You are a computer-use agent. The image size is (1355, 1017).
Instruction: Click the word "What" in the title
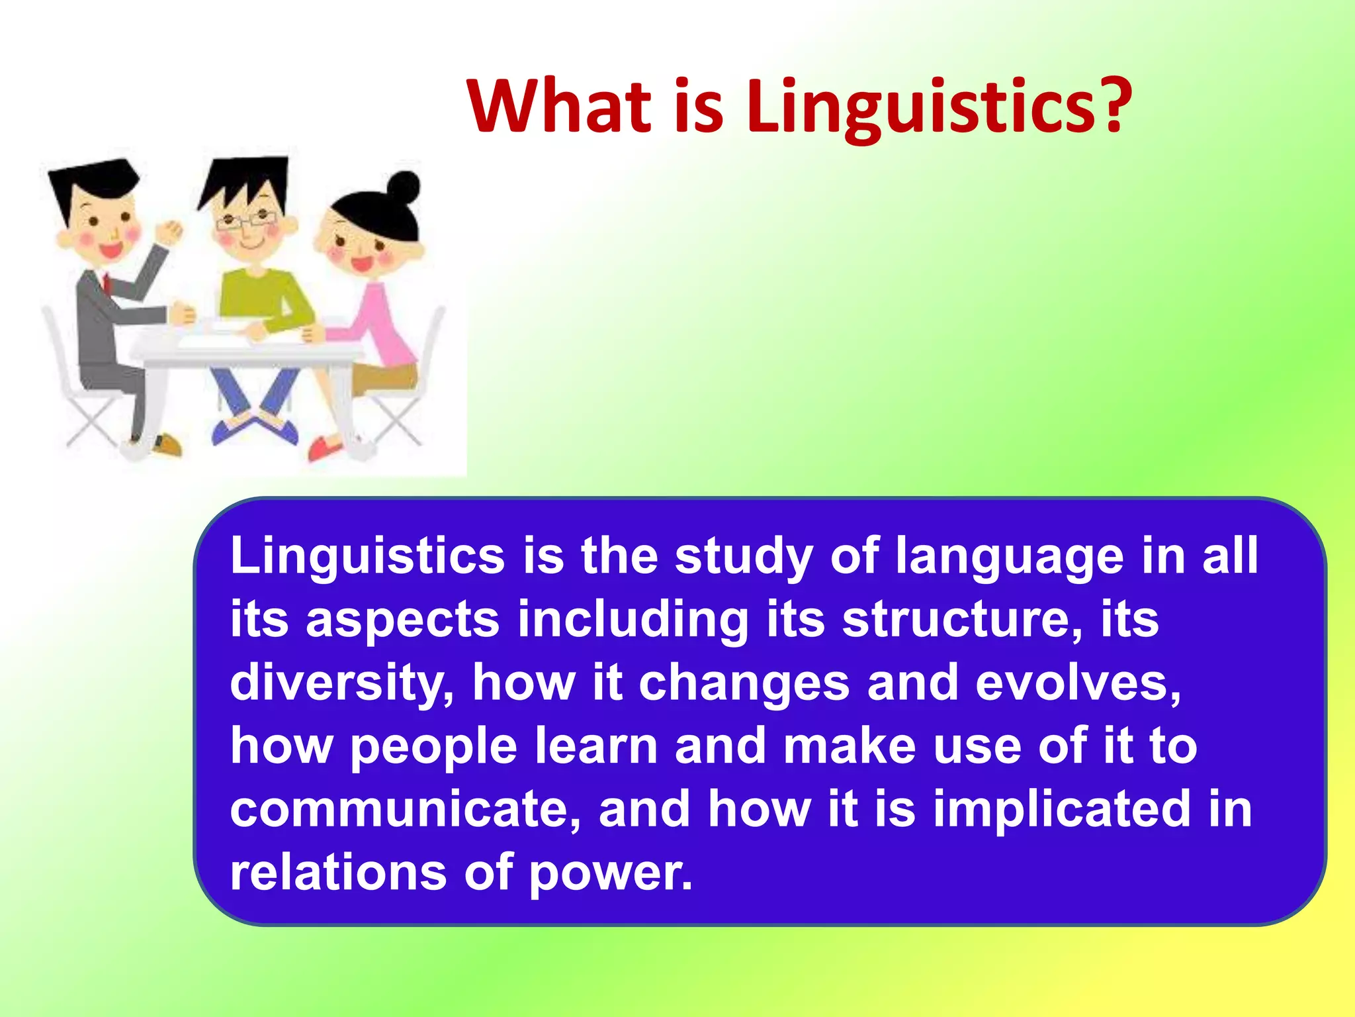(x=560, y=106)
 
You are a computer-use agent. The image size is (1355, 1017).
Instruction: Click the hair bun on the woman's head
(x=403, y=186)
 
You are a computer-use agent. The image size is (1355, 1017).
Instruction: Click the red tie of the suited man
(x=106, y=281)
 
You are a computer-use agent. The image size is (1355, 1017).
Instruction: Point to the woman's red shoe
(x=325, y=448)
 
